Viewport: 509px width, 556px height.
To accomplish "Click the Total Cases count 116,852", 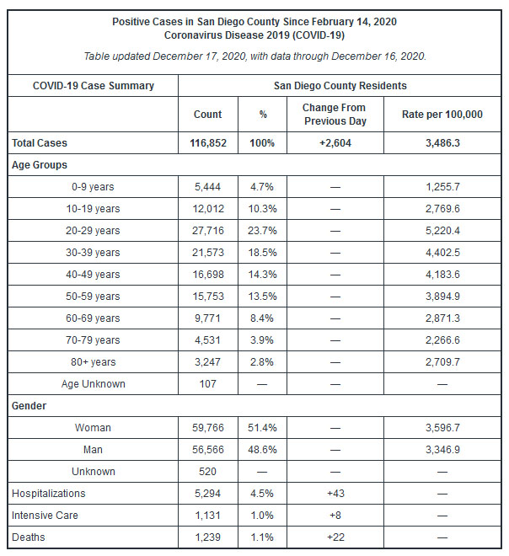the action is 208,143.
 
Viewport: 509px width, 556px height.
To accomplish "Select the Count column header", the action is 208,115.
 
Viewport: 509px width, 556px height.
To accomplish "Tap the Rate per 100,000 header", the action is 442,115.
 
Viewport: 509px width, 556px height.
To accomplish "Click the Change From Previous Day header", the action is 335,115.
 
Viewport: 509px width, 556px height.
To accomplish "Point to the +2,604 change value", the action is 335,143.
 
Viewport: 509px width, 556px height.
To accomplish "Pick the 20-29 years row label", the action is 93,231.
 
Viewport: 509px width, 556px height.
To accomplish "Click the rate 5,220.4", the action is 442,231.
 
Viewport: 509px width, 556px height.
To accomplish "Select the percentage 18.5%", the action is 262,253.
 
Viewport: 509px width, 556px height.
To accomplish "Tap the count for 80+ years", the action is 207,362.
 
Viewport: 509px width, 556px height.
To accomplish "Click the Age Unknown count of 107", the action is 207,384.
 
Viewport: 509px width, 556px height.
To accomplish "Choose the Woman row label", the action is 93,428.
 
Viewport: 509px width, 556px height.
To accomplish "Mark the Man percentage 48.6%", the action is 262,450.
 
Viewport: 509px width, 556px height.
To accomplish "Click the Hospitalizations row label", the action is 49,494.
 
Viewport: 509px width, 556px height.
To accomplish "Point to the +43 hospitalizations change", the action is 335,494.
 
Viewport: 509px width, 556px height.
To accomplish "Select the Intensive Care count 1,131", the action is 207,516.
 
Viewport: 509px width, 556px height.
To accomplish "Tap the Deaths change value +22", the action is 335,537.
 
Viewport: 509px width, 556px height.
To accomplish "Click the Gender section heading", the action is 29,406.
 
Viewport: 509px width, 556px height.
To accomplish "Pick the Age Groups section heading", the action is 40,165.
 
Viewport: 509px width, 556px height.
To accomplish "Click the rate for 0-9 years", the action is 442,187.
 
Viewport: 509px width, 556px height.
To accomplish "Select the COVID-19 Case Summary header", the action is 94,86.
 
